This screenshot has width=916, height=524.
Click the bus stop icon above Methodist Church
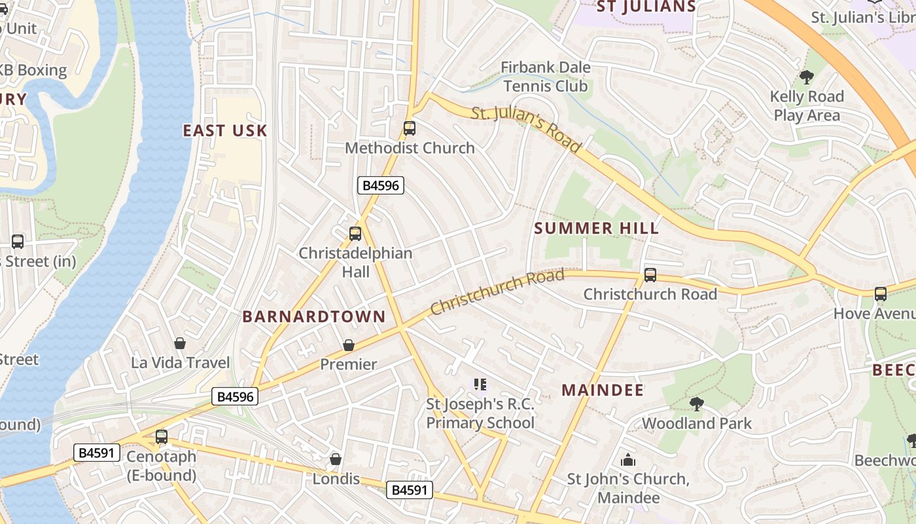410,128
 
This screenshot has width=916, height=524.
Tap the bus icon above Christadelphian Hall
355,234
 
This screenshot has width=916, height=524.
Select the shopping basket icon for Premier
349,345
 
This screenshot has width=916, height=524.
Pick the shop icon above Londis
336,459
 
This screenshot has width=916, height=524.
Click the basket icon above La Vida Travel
180,343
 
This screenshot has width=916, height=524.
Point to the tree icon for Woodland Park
696,404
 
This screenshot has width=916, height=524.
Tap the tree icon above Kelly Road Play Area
806,77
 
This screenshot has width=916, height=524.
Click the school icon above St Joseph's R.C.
480,384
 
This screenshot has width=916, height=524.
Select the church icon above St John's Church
628,460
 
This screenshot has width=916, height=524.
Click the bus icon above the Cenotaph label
162,436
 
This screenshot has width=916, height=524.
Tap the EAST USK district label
225,131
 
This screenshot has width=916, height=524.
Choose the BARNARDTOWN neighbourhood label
314,317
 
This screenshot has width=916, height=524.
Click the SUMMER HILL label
597,229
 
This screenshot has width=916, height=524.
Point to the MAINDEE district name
603,390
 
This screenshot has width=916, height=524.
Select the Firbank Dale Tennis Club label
546,77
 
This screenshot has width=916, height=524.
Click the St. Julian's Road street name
527,130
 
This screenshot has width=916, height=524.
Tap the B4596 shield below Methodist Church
381,185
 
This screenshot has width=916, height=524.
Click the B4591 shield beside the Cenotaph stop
97,452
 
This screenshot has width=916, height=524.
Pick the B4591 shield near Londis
410,490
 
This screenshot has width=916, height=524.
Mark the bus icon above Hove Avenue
881,294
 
